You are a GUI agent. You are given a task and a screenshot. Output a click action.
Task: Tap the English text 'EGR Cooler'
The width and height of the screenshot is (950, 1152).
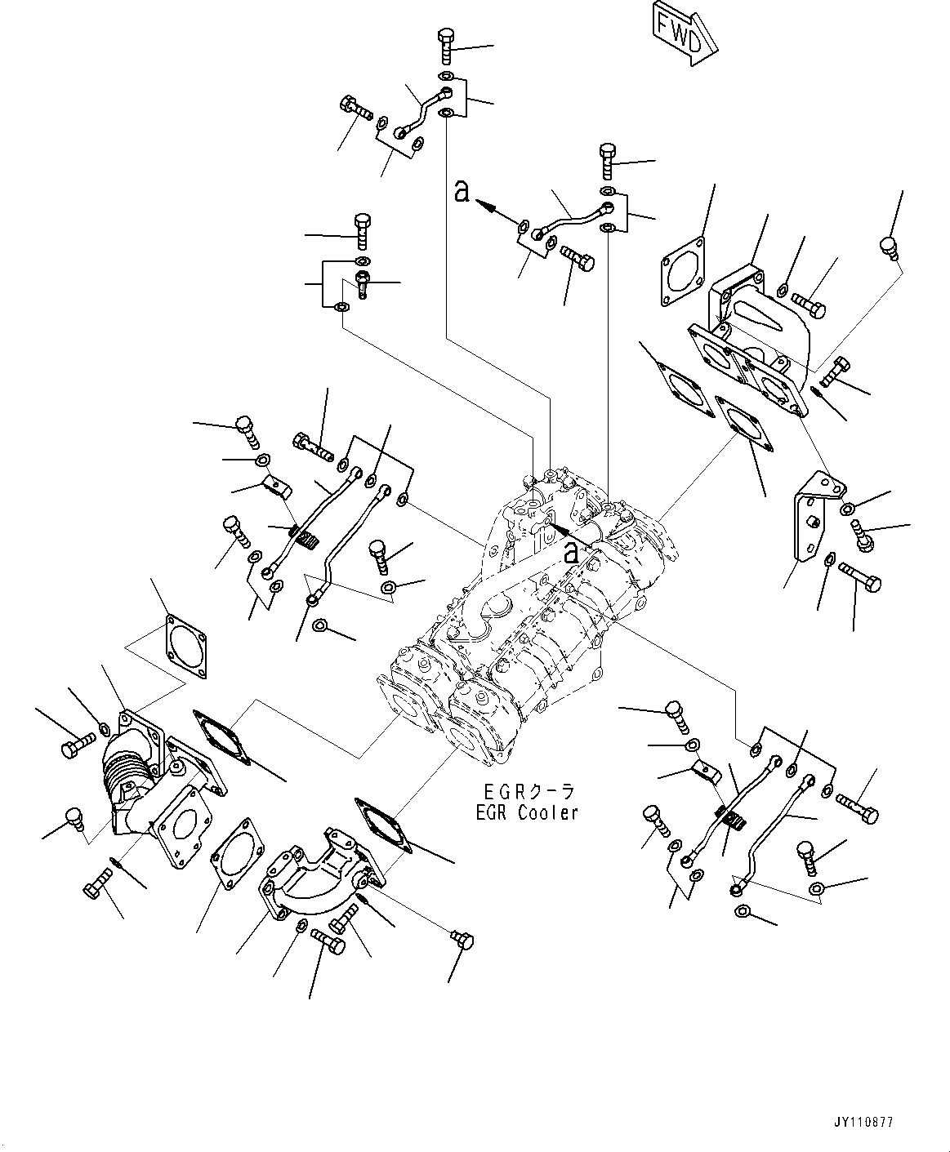529,812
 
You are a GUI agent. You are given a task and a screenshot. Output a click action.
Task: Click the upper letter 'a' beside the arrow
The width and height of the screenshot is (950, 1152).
462,193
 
